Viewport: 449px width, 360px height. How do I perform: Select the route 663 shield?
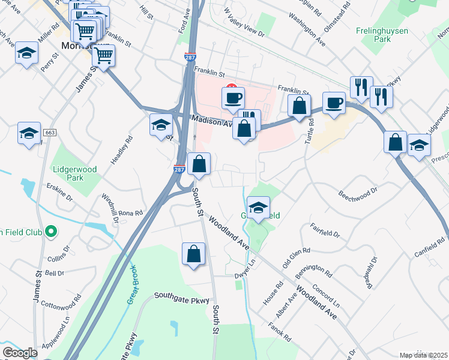click(x=50, y=131)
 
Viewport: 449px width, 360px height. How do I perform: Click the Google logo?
click(x=20, y=353)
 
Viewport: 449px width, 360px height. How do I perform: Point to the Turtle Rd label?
click(x=310, y=126)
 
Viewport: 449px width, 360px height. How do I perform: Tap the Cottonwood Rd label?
click(x=61, y=301)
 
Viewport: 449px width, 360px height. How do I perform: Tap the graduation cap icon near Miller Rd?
click(x=26, y=53)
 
